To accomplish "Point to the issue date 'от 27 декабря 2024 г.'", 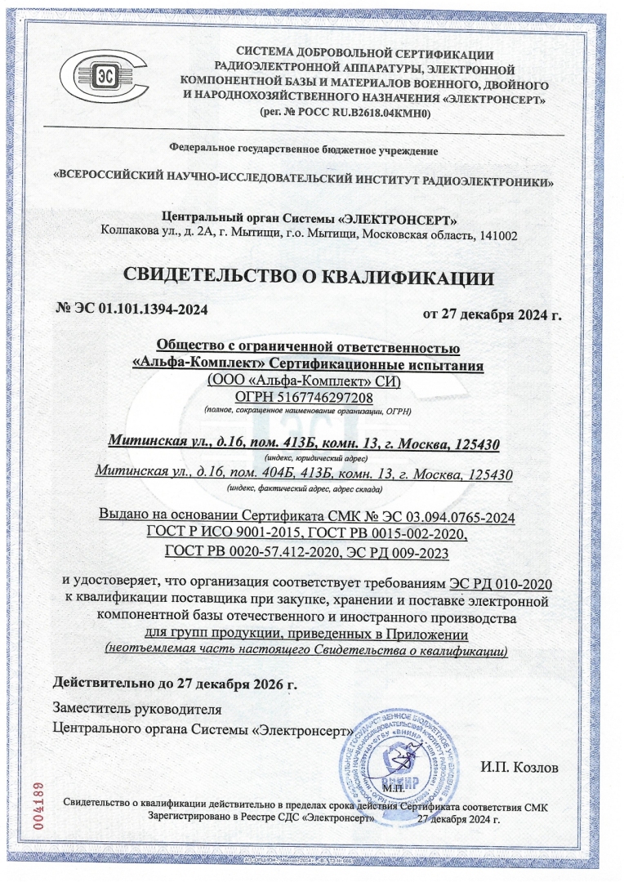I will click(x=492, y=314).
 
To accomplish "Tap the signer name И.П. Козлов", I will click(x=521, y=768).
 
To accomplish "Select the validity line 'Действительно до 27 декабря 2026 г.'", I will click(x=175, y=682).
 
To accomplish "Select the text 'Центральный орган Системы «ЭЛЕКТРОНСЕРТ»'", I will click(x=309, y=218).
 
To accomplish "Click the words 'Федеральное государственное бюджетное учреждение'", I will click(x=303, y=149).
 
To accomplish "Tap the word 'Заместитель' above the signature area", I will click(x=91, y=707).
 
